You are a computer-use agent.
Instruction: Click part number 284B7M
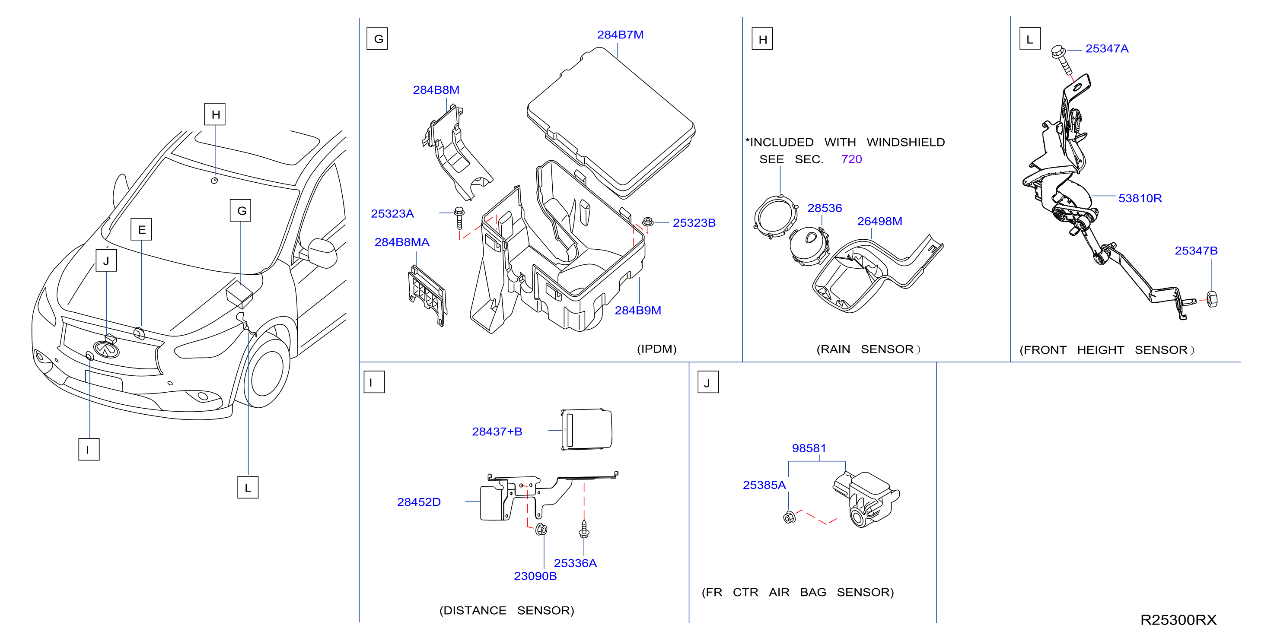620,35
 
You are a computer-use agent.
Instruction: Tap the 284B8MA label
401,242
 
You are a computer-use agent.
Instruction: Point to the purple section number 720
851,159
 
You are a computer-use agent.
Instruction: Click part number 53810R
1140,198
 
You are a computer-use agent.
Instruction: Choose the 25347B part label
1196,251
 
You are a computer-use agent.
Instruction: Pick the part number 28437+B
497,432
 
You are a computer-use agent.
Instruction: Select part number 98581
809,448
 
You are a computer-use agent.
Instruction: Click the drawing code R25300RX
1178,620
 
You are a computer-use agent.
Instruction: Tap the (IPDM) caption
656,349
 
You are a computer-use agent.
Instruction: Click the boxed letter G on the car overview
241,210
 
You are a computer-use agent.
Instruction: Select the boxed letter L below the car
248,487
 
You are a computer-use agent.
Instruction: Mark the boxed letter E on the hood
141,229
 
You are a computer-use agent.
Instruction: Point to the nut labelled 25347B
1212,299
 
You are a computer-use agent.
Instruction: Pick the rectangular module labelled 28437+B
586,429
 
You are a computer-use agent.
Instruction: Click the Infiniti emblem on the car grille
107,349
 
